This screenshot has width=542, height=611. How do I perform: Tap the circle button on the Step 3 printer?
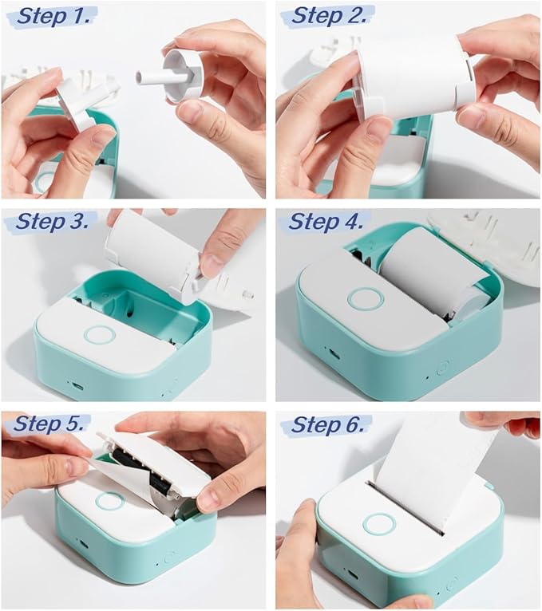tap(100, 334)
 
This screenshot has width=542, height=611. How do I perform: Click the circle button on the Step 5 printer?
tap(109, 502)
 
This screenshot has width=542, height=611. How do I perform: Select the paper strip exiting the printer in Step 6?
tap(431, 467)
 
